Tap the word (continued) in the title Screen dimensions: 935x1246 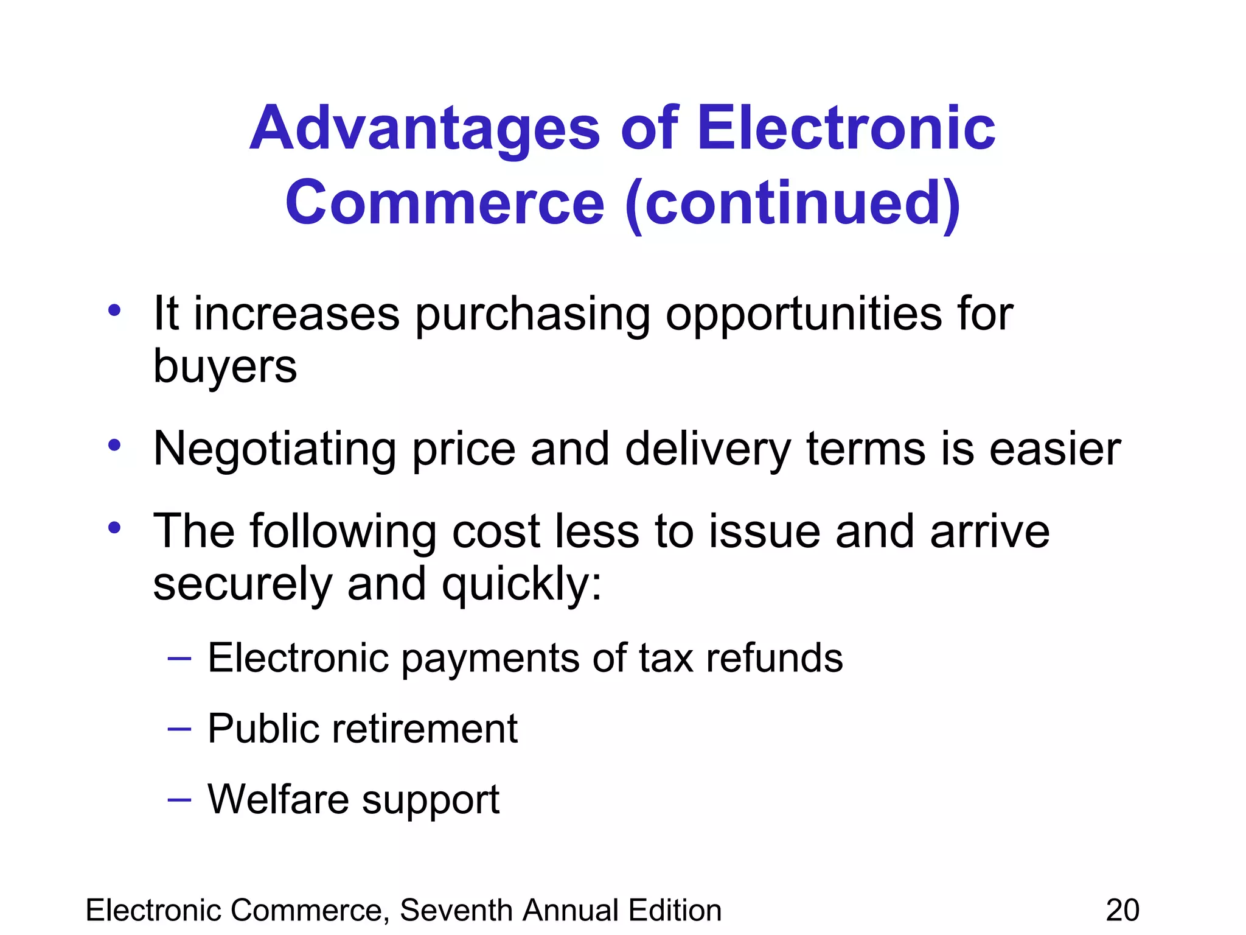click(793, 204)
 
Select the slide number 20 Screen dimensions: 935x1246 click(1122, 911)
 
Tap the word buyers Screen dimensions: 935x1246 click(224, 368)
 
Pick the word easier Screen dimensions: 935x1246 click(1055, 449)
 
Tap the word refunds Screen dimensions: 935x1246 click(774, 658)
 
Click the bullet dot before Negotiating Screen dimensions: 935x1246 click(114, 446)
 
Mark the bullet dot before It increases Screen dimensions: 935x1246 click(114, 310)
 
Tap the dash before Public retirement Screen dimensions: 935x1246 click(179, 728)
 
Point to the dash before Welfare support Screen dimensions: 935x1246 click(179, 799)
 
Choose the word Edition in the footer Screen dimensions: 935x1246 click(675, 911)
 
